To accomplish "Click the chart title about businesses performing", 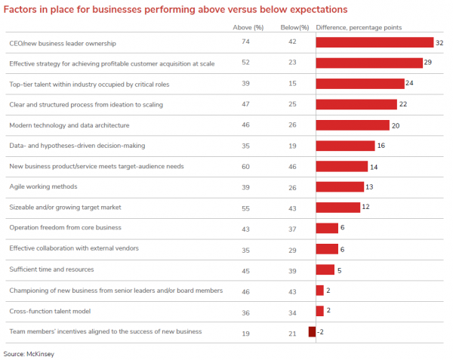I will [176, 10].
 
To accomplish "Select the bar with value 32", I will [374, 43].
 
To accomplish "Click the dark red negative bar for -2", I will [312, 331].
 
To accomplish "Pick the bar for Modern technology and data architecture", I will [352, 125].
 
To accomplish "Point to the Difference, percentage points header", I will [359, 27].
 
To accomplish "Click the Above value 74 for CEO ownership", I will [246, 43].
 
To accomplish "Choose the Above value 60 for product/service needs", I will [246, 166].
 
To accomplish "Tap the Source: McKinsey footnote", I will [29, 353].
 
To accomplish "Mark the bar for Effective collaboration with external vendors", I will [326, 248].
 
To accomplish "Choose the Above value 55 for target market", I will [246, 208].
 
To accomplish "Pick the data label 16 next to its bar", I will [382, 146].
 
